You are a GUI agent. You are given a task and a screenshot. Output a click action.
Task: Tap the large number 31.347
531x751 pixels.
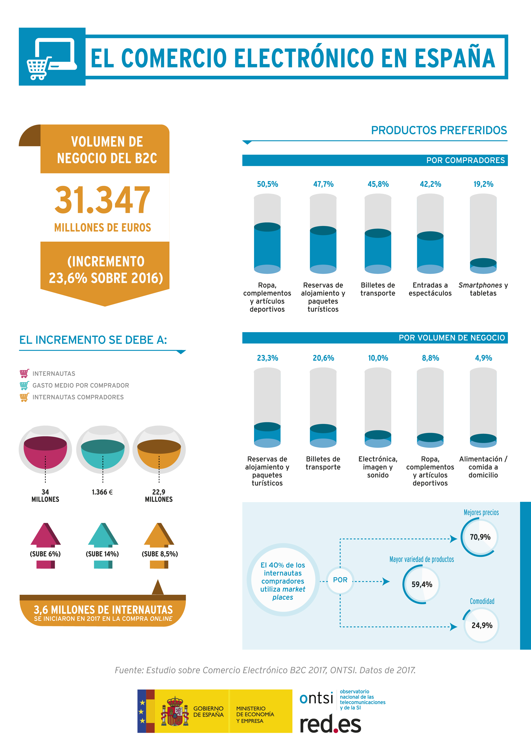pyautogui.click(x=102, y=200)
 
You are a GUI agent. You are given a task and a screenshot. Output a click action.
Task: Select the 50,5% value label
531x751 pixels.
pyautogui.click(x=267, y=184)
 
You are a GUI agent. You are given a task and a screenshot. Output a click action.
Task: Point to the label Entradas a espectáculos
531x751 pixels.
pyautogui.click(x=430, y=289)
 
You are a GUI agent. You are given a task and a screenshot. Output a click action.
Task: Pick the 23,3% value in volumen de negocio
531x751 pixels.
pyautogui.click(x=267, y=358)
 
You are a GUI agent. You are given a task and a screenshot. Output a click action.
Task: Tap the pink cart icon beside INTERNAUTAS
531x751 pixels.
pyautogui.click(x=24, y=373)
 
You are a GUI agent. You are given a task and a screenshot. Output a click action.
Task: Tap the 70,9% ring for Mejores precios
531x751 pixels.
pyautogui.click(x=480, y=537)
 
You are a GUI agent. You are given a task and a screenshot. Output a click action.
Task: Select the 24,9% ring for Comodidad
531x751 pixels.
pyautogui.click(x=481, y=625)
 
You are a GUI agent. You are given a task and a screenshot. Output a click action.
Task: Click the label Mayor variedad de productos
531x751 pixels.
pyautogui.click(x=421, y=559)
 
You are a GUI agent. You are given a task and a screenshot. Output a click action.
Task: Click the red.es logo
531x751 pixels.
pyautogui.click(x=330, y=724)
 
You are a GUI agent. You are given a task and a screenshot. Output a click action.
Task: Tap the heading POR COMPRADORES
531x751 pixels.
pyautogui.click(x=465, y=160)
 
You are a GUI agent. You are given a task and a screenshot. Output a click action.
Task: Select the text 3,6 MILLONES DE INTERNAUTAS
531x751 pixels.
pyautogui.click(x=103, y=610)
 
